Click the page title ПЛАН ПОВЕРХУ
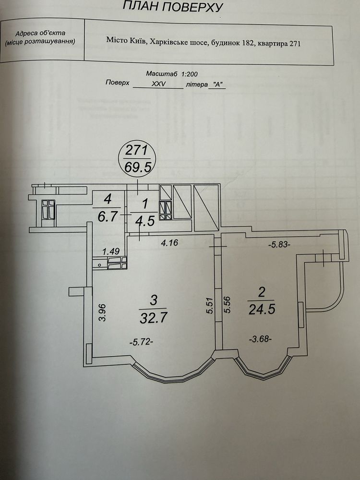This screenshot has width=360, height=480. pyautogui.click(x=173, y=6)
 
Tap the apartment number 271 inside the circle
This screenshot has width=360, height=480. pyautogui.click(x=137, y=151)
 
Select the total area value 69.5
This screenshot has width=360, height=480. pyautogui.click(x=138, y=167)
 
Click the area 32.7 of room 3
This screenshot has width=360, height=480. pyautogui.click(x=154, y=318)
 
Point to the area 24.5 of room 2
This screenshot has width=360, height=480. pyautogui.click(x=262, y=309)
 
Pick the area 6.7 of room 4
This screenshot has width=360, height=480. pyautogui.click(x=108, y=216)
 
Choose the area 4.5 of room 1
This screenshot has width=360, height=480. pyautogui.click(x=145, y=220)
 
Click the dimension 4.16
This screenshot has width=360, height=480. pyautogui.click(x=169, y=243)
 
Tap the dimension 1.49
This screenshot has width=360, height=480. pyautogui.click(x=111, y=252)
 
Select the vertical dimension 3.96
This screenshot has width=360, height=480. pyautogui.click(x=102, y=312)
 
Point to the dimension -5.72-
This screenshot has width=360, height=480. pyautogui.click(x=142, y=342)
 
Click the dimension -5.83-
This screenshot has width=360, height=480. pyautogui.click(x=278, y=245)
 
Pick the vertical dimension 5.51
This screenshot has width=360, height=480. pyautogui.click(x=210, y=305)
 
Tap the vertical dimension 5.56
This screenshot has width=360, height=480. pyautogui.click(x=227, y=305)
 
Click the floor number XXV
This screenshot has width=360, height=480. pyautogui.click(x=159, y=84)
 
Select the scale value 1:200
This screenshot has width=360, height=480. pyautogui.click(x=190, y=74)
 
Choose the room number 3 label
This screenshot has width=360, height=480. pyautogui.click(x=154, y=300)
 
